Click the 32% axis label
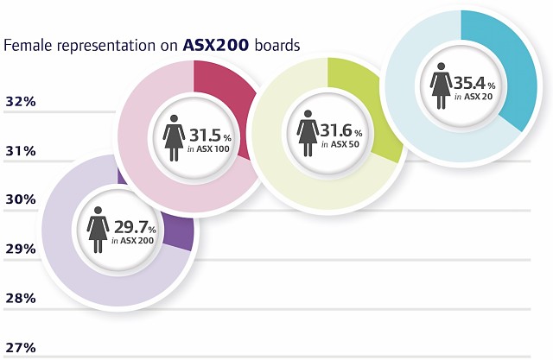20,102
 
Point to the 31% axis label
20,151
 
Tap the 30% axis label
20,199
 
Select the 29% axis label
20,249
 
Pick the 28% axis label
20,298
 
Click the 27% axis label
20,347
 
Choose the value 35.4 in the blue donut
470,83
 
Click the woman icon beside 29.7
98,230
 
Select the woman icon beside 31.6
307,132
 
